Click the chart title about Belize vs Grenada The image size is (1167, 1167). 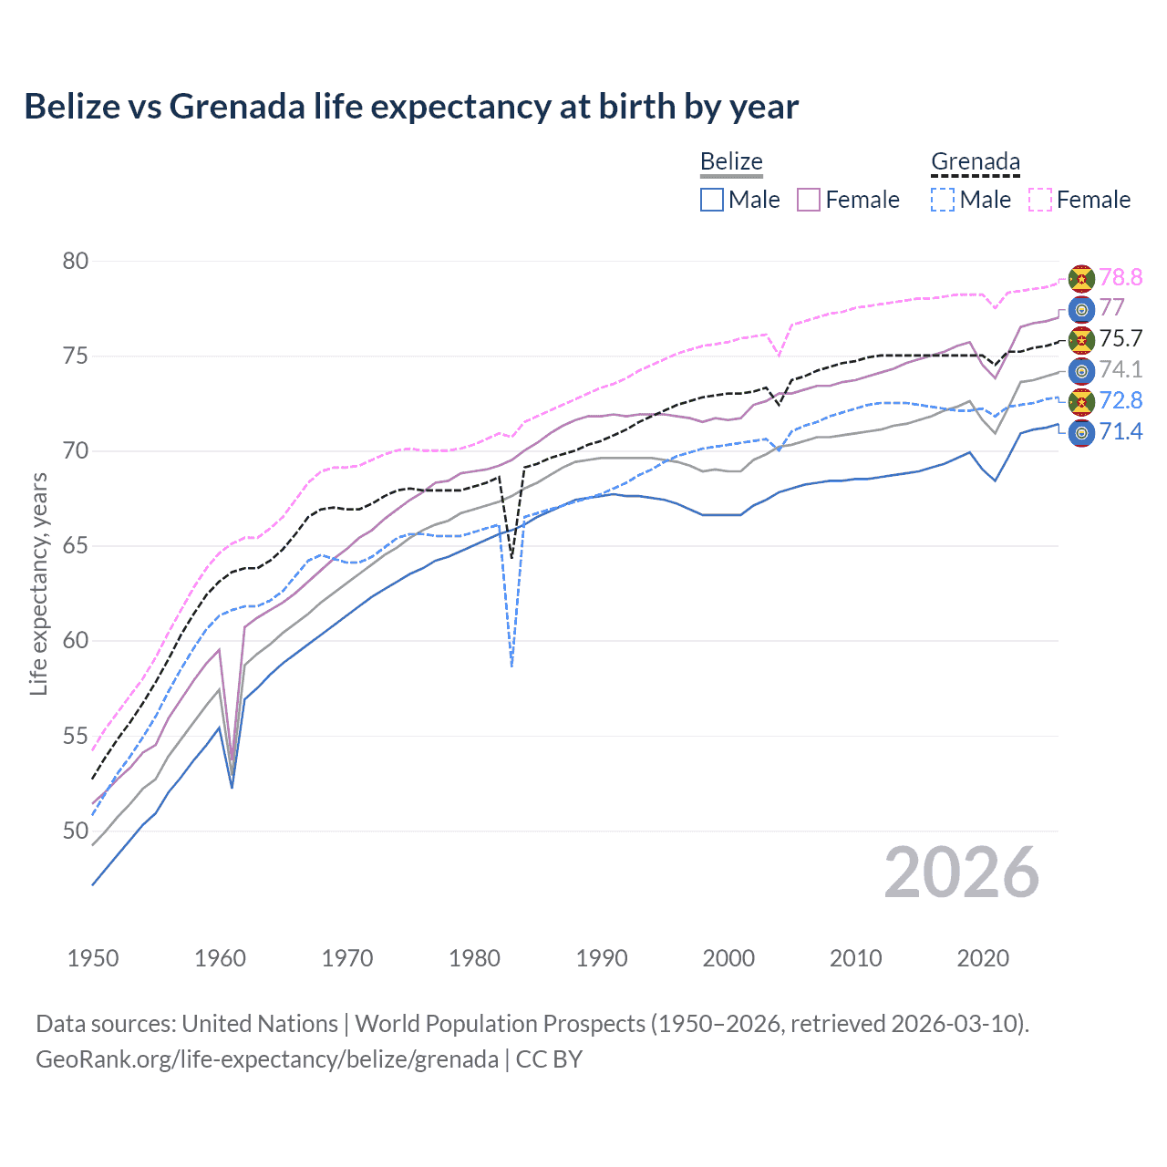point(411,107)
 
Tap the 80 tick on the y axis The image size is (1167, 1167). point(76,261)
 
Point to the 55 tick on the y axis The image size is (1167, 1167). point(76,736)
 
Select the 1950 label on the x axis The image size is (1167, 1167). point(93,958)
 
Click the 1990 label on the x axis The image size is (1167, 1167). point(602,958)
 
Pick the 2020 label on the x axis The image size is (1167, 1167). point(983,958)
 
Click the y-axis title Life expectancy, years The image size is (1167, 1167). point(38,583)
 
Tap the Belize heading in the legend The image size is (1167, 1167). point(731,161)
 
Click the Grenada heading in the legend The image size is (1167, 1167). point(975,161)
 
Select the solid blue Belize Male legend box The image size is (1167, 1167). point(712,200)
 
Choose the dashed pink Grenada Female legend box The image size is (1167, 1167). point(1040,200)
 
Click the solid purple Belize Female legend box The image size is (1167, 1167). point(809,200)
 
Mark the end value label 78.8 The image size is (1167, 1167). point(1121,277)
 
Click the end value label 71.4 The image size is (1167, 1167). point(1121,431)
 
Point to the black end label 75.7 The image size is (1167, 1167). point(1121,338)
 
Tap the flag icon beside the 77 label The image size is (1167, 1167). point(1081,309)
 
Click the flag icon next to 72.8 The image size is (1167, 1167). point(1081,401)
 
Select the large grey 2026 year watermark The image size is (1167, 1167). point(962,873)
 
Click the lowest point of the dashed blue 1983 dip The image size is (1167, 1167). point(512,666)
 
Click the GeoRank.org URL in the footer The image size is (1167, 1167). point(267,1059)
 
